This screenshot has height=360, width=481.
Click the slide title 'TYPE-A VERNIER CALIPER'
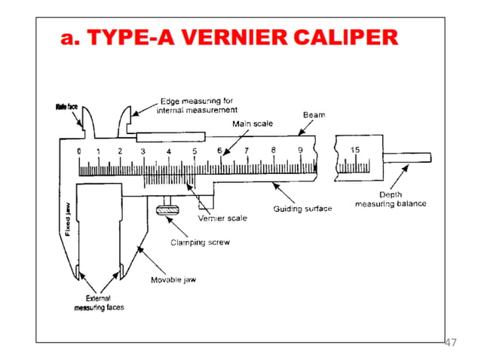click(x=229, y=38)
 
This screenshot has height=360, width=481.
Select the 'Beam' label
click(x=314, y=115)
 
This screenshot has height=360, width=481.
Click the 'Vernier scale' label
click(x=222, y=218)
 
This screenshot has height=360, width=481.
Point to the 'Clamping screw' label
click(x=200, y=243)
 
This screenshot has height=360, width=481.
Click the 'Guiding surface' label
click(x=302, y=209)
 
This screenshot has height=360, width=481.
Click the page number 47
click(x=450, y=343)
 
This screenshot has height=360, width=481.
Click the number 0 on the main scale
click(x=79, y=151)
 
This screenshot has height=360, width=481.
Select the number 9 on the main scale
click(x=300, y=151)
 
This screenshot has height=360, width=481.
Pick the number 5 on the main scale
click(x=195, y=151)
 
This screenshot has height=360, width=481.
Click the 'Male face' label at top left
click(x=67, y=107)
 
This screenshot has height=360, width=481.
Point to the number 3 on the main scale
click(x=142, y=151)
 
